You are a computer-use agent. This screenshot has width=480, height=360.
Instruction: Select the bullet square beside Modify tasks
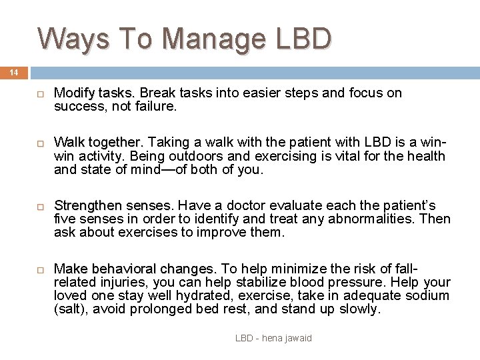click(40, 94)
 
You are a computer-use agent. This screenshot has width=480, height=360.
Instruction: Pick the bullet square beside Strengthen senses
click(40, 206)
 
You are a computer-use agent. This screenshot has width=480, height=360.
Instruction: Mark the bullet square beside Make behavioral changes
click(40, 269)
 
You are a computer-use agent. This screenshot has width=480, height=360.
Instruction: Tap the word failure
click(156, 106)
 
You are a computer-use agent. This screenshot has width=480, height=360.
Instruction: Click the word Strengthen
click(88, 205)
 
